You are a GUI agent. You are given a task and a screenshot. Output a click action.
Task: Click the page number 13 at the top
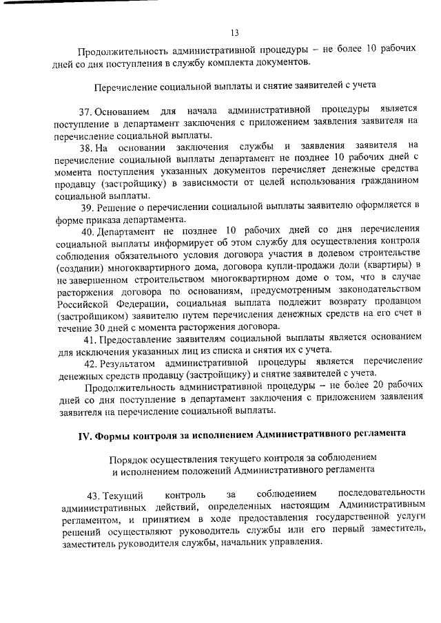(234, 32)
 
